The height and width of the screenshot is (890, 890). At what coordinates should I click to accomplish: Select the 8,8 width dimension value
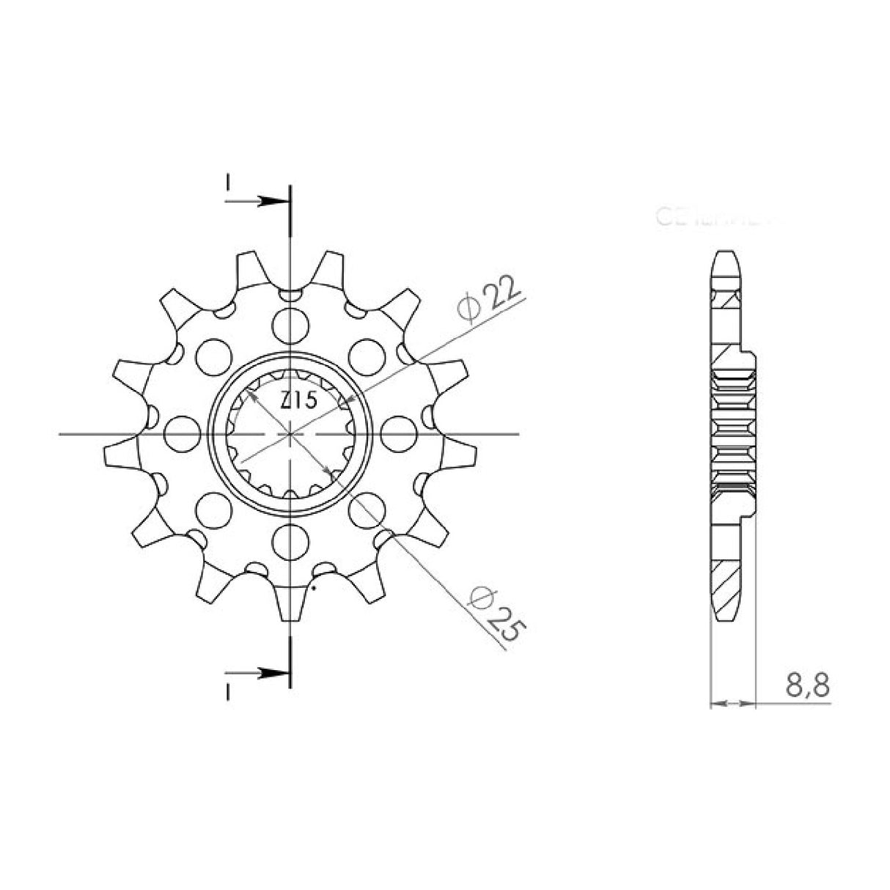coord(808,687)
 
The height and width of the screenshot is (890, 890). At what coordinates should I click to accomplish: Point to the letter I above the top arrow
coord(228,180)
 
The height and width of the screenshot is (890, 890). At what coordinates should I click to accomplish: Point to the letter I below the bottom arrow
coord(228,692)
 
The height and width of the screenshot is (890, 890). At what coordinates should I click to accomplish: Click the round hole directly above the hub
coord(291,323)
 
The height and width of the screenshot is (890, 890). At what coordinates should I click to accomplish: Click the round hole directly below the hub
coord(291,541)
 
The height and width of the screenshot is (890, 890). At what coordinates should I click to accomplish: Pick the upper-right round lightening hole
coord(365,355)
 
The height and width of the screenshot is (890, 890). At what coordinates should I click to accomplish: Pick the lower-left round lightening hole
coord(213,507)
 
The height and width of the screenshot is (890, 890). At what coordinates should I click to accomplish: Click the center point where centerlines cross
coord(291,433)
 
